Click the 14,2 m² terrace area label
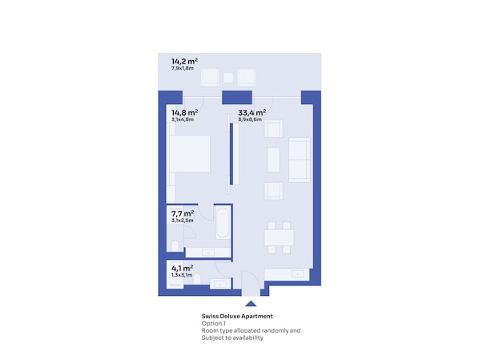[184, 62]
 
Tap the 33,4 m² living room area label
[252, 113]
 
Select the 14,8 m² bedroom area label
[184, 113]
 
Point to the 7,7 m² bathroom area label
[183, 213]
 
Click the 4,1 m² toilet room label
[183, 269]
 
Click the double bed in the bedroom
[190, 154]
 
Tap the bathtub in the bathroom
[223, 223]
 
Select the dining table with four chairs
[279, 237]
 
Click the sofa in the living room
[299, 160]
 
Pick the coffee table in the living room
[273, 160]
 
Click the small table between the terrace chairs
[228, 78]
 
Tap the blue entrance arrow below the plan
[251, 303]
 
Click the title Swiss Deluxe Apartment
[237, 316]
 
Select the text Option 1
[214, 323]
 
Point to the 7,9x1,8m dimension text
[183, 68]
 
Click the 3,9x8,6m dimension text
[250, 119]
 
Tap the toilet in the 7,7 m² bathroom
[175, 246]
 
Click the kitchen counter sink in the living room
[297, 273]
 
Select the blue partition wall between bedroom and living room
[231, 154]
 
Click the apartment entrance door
[251, 283]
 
